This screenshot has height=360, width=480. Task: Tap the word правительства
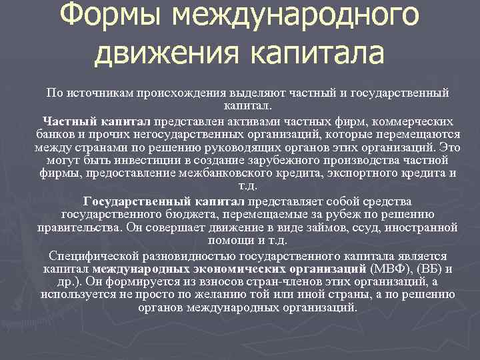tap(79, 227)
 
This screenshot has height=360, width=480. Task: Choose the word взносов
tap(207, 281)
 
